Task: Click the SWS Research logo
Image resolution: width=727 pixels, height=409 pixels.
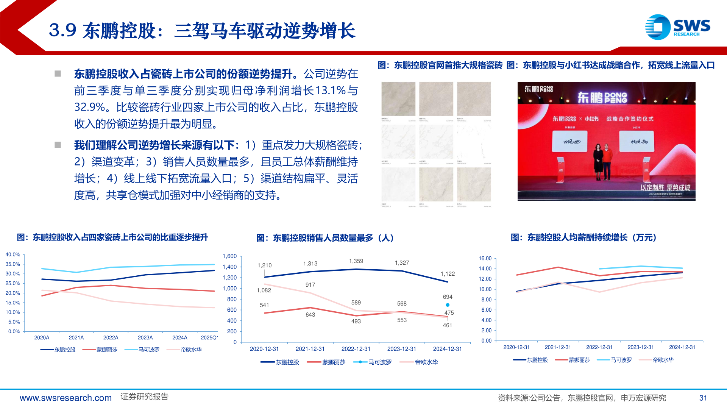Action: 677,27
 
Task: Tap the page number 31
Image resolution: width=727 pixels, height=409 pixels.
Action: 703,398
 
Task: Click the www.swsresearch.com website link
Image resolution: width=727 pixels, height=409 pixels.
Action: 66,398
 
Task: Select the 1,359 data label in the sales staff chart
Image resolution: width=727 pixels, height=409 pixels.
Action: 356,261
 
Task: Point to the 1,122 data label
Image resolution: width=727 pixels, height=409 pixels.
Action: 448,274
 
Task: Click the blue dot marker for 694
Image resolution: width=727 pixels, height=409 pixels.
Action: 448,305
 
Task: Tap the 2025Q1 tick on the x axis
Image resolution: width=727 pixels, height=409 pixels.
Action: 209,338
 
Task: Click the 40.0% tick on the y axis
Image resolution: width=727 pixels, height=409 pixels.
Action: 13,254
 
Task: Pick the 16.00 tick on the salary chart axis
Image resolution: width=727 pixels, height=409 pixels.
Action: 485,258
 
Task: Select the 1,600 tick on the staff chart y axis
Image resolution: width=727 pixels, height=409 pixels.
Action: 229,256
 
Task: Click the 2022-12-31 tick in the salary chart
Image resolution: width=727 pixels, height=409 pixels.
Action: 599,347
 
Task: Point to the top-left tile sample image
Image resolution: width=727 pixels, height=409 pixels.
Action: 398,99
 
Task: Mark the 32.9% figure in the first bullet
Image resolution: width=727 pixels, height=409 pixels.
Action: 89,108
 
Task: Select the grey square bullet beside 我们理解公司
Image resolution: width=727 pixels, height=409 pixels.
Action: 58,145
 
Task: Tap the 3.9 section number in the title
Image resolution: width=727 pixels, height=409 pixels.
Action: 62,30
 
